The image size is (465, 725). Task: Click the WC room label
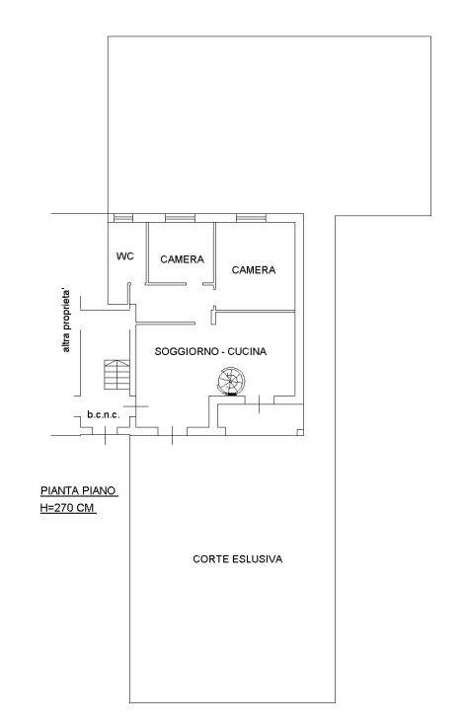click(x=125, y=256)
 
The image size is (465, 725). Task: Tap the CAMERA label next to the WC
click(x=183, y=259)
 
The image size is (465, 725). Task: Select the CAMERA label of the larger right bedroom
click(x=254, y=269)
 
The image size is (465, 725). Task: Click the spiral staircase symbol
click(x=232, y=381)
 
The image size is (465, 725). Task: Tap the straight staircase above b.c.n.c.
click(x=116, y=374)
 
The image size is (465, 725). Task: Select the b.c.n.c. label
click(x=104, y=414)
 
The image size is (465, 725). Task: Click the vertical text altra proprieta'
click(x=66, y=321)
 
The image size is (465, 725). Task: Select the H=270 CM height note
click(x=67, y=508)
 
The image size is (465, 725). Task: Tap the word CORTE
click(x=211, y=559)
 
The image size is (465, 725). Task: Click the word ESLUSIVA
click(x=258, y=559)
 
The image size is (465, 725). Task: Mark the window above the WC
click(x=123, y=218)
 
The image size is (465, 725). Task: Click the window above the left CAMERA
click(x=180, y=218)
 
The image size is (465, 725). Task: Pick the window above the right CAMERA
click(x=251, y=218)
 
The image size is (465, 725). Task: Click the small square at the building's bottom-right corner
click(x=300, y=432)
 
